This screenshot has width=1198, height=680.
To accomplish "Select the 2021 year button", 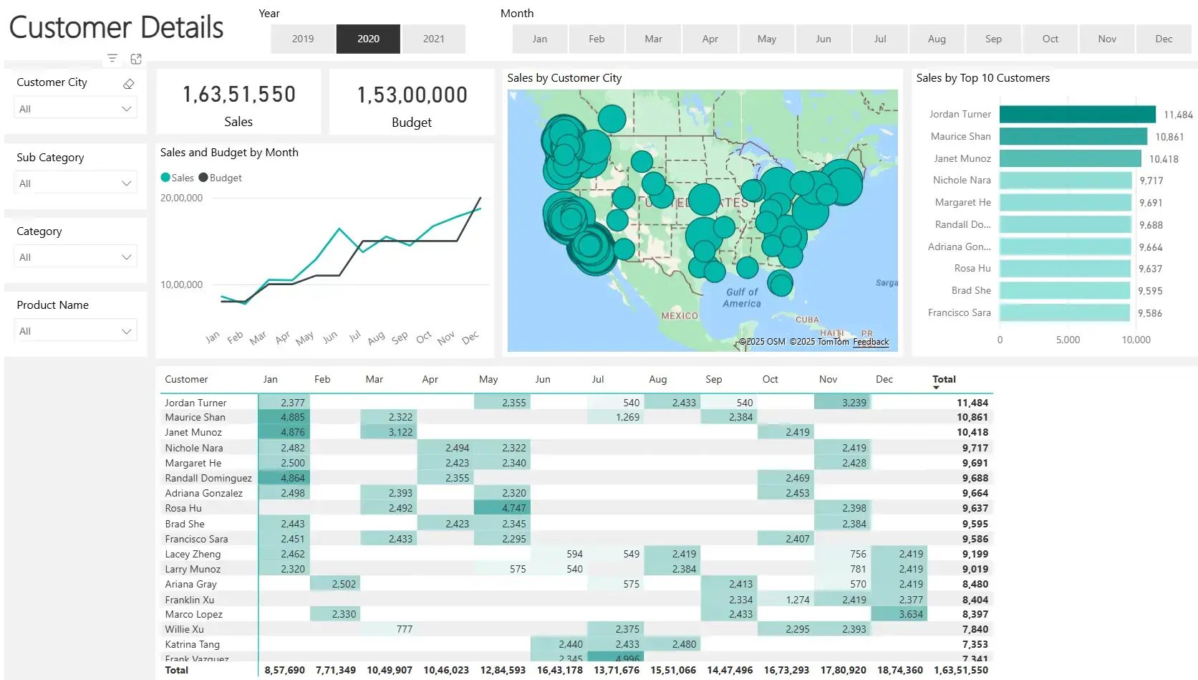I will [x=433, y=39].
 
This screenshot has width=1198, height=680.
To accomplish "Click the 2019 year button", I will [x=303, y=39].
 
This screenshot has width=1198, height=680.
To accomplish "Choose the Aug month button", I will [x=937, y=39].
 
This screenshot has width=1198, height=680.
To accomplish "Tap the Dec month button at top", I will [x=1164, y=39].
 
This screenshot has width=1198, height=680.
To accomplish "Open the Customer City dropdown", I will [x=75, y=109].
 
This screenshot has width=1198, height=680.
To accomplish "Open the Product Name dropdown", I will [x=75, y=331].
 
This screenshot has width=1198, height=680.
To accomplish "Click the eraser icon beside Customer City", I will [x=129, y=84].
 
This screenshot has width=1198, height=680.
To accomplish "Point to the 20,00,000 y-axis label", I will [x=181, y=198].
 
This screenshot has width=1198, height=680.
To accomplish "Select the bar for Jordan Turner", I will [x=1077, y=114].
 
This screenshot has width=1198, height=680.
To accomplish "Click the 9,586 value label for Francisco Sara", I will [x=1150, y=313].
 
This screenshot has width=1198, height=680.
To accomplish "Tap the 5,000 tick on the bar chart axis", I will [x=1068, y=340].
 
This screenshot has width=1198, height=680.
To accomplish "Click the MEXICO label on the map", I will [x=679, y=315].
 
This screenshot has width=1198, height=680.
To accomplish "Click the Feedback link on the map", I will [x=871, y=342].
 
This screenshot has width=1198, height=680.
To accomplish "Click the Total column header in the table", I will [x=944, y=379].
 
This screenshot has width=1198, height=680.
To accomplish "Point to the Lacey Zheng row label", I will [x=193, y=554].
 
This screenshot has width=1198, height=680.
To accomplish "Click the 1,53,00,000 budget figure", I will [x=412, y=95].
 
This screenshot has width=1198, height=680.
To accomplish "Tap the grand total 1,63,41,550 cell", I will [x=960, y=670].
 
